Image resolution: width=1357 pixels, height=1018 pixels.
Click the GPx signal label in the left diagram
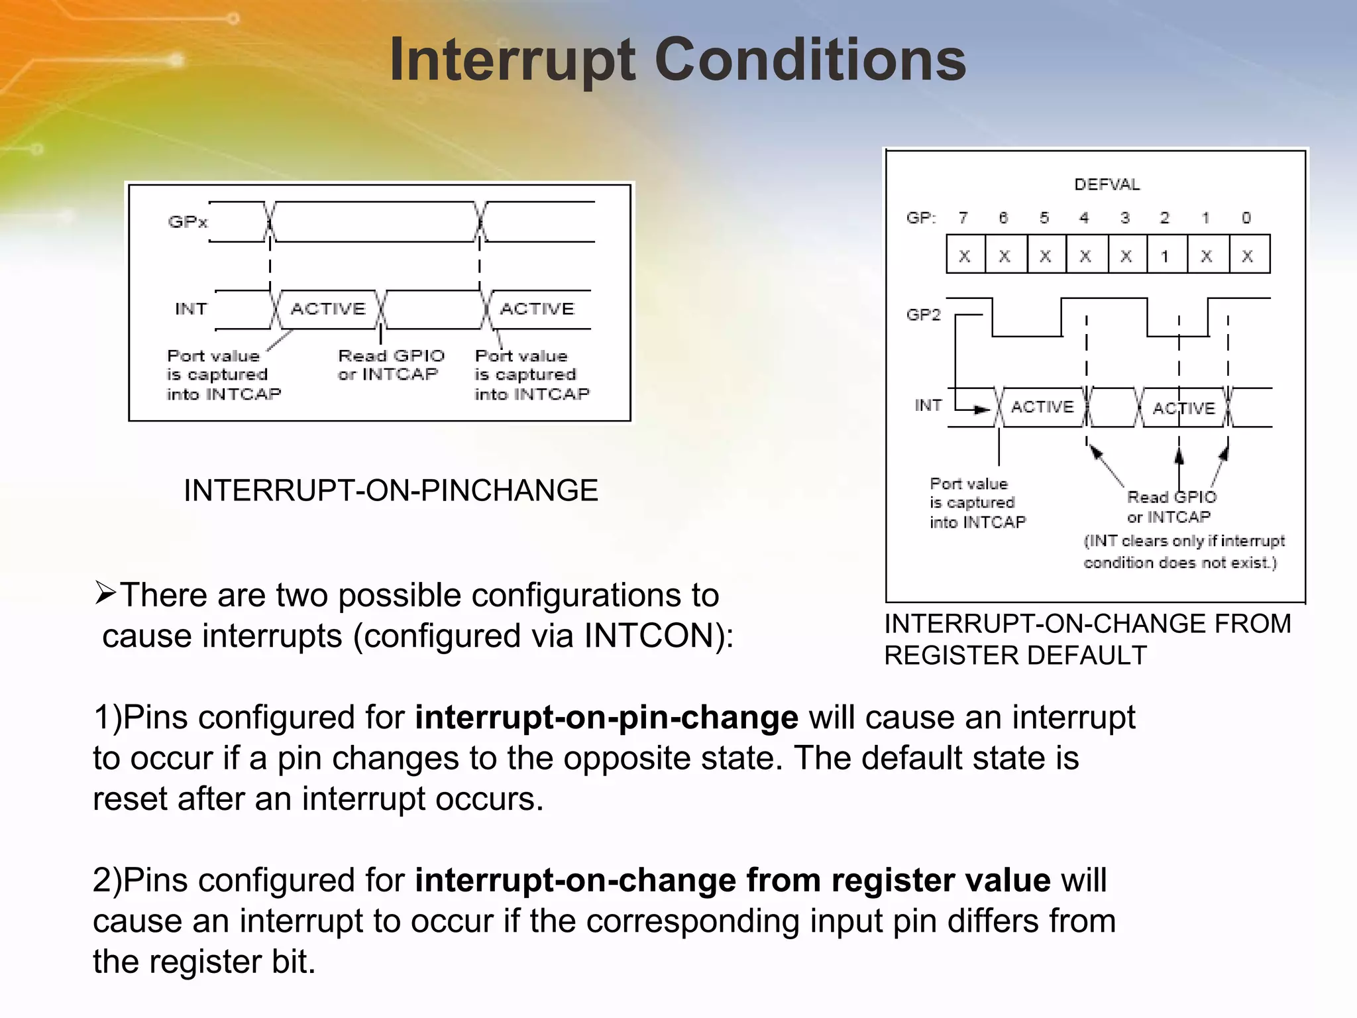pos(188,222)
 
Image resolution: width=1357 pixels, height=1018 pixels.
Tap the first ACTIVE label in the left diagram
pos(328,309)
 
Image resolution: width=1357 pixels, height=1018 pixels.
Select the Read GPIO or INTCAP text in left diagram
pos(390,365)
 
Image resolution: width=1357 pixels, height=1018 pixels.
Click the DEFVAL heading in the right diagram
pos(1107,185)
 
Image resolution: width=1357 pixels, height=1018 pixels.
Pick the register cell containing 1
pos(1165,256)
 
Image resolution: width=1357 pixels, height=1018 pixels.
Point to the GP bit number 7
pos(963,218)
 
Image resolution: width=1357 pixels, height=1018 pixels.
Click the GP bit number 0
pos(1246,218)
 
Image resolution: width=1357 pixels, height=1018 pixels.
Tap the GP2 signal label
pos(923,315)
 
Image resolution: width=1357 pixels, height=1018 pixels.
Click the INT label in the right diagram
pos(928,405)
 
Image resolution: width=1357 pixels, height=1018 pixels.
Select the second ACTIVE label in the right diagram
pos(1183,408)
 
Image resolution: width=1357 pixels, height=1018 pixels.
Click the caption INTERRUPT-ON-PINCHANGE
pos(390,491)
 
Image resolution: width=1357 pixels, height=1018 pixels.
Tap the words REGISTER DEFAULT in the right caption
pos(1015,655)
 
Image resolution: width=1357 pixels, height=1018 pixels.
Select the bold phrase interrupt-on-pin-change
pos(606,718)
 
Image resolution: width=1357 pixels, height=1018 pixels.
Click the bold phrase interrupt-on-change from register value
pos(732,881)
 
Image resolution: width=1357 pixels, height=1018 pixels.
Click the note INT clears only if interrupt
pos(1183,541)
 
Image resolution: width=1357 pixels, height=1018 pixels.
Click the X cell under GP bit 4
pos(1085,256)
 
